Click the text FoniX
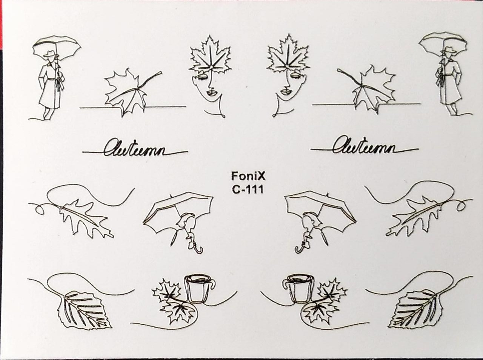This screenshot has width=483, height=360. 248,176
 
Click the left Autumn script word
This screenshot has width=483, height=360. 134,148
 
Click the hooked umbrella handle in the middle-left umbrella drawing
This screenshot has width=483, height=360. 196,248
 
